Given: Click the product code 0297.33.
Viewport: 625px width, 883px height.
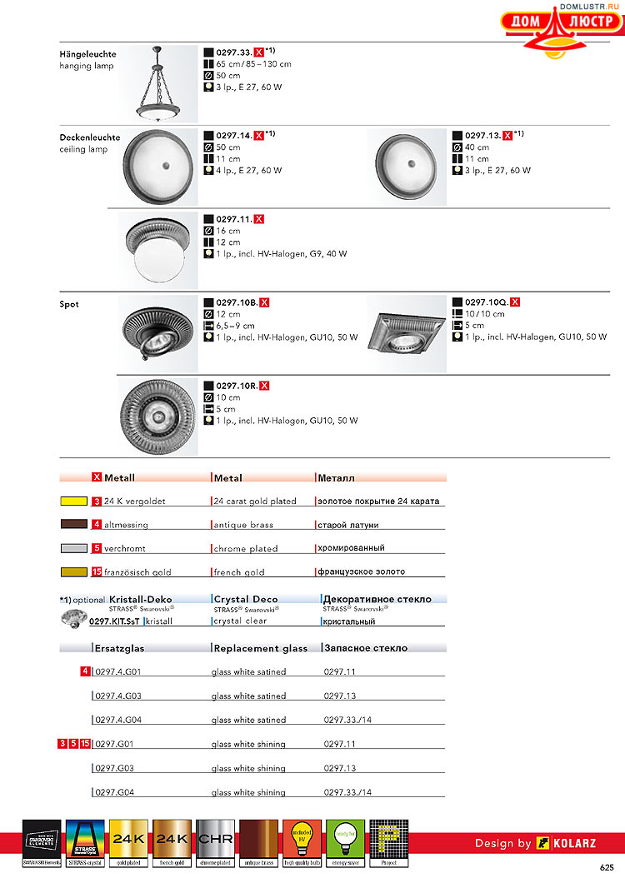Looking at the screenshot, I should point(233,51).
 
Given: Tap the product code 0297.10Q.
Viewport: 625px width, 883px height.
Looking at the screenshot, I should point(487,302).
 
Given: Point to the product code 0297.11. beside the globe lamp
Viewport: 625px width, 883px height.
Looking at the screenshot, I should point(233,218).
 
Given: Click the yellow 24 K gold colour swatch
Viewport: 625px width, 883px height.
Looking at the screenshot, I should point(74,501).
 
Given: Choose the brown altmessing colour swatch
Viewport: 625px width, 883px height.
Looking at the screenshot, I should point(74,525).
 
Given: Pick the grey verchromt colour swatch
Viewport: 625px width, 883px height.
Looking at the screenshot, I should point(74,548).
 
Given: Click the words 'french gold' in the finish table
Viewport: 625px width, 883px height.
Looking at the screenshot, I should point(239,572).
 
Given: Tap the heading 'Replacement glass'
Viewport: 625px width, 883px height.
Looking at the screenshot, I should point(260,648).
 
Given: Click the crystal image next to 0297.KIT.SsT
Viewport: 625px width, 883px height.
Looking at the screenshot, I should point(73,617).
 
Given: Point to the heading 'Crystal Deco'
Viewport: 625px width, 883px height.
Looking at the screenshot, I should point(246,599).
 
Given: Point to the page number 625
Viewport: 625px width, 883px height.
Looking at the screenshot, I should point(606,867).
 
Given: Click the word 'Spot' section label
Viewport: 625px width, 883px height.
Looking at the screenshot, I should point(69,304).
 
